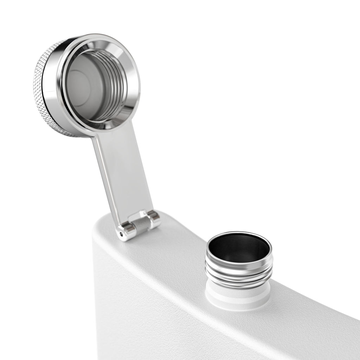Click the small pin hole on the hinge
(x=122, y=233)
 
